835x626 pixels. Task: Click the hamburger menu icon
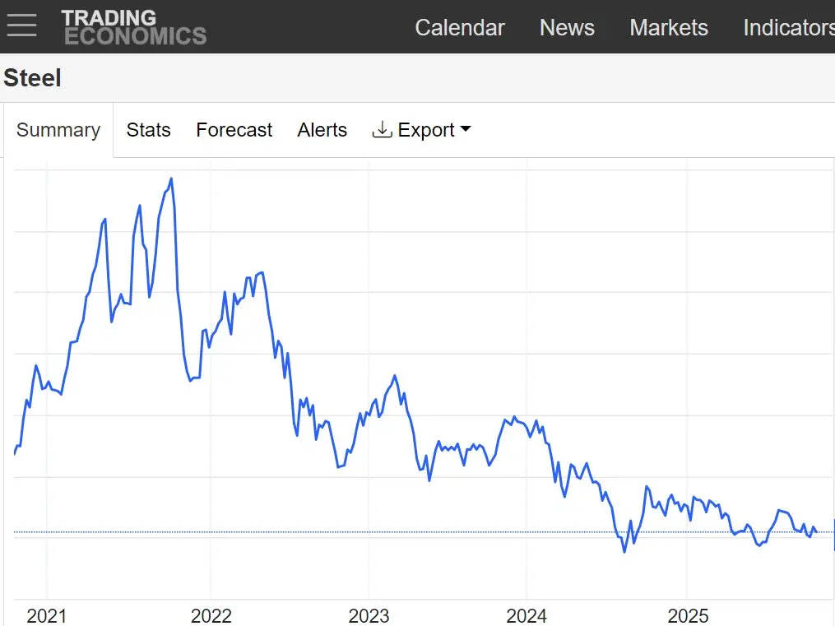click(21, 26)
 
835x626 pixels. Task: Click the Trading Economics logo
click(134, 27)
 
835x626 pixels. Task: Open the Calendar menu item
click(460, 27)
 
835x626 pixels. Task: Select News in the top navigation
click(567, 27)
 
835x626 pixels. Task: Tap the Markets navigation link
click(669, 27)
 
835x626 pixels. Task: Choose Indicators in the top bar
click(788, 27)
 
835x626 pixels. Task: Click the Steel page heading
click(32, 78)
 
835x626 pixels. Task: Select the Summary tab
click(58, 130)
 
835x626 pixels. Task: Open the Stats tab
click(148, 130)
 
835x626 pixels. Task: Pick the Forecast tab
click(234, 130)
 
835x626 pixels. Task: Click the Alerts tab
click(322, 130)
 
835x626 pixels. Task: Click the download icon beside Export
click(382, 130)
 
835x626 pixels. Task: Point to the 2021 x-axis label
click(47, 615)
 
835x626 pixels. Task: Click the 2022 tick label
click(211, 615)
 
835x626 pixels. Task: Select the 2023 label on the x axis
click(369, 615)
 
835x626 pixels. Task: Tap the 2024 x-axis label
click(527, 615)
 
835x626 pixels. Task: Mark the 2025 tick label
click(688, 615)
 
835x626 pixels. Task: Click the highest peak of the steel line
click(171, 179)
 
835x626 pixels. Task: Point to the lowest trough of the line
click(624, 551)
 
